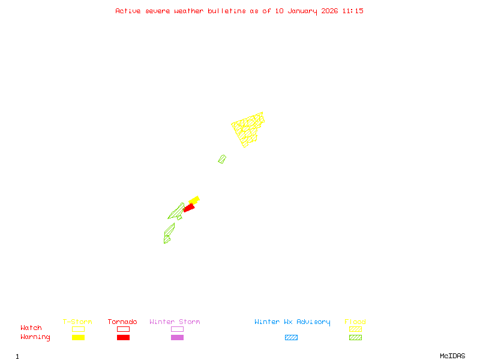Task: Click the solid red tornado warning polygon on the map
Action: point(189,208)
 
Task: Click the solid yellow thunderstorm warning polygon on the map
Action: point(194,200)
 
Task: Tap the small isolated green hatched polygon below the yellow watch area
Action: point(222,159)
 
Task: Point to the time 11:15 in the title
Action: point(353,11)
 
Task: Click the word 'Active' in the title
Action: point(128,11)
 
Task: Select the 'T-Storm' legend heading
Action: point(77,322)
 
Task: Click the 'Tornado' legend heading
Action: point(122,322)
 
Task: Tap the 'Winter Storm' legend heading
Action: point(175,322)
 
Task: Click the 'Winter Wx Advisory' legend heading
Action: point(292,322)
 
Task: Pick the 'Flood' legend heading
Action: point(355,322)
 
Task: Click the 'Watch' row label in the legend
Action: point(31,328)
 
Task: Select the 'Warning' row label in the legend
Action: point(35,337)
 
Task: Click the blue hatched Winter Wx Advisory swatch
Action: point(291,337)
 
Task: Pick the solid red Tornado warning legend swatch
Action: point(123,337)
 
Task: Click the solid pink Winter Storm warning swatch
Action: point(177,337)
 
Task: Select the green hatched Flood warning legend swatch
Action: point(355,337)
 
